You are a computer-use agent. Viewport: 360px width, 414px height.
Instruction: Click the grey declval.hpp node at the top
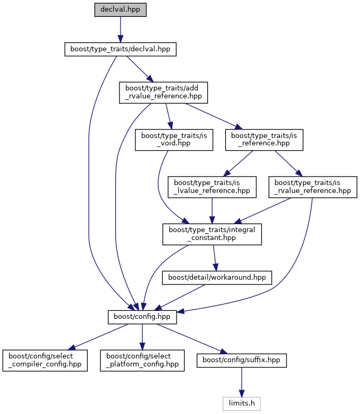point(120,10)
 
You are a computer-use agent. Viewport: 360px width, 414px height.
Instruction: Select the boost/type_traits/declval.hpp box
point(120,49)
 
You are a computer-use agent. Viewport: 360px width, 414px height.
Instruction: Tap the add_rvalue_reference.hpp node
point(164,92)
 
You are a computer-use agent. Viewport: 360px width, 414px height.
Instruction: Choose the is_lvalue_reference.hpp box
point(212,186)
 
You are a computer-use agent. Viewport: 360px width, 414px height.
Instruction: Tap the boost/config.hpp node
point(142,317)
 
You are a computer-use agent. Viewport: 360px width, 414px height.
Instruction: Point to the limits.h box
point(242,403)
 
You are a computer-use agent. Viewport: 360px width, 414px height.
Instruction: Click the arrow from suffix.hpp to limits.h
point(242,382)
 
